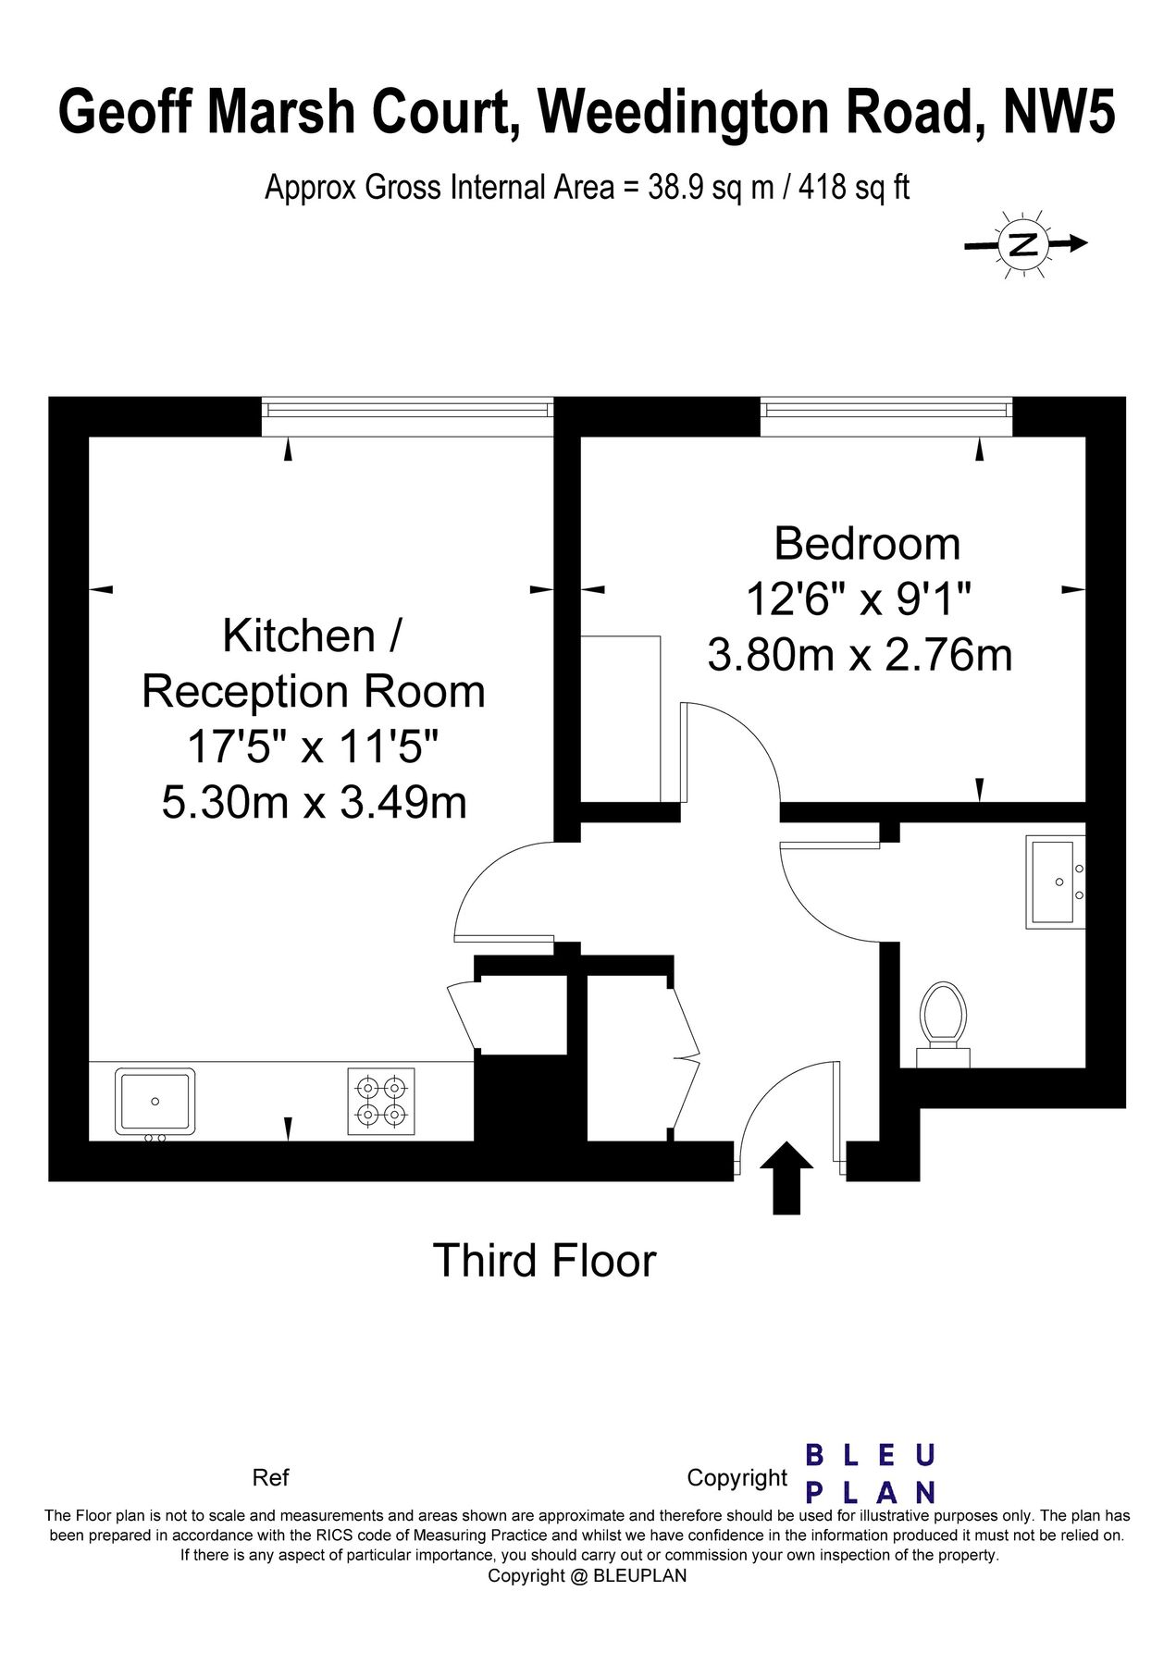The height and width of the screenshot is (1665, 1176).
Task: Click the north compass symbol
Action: coord(1024,244)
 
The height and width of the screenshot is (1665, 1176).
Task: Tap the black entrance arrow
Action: coord(786,1176)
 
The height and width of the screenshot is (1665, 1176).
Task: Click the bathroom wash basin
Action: coord(1055,882)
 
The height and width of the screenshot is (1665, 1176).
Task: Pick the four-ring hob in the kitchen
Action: coord(381,1101)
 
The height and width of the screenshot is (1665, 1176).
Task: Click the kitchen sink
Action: coord(155,1101)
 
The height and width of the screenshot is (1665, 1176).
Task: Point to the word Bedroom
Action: coord(867,544)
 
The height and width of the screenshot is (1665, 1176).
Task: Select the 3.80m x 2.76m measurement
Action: coord(860,656)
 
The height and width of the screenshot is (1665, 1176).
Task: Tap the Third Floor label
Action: coord(544,1261)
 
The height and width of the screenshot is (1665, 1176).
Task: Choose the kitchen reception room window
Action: coord(407,409)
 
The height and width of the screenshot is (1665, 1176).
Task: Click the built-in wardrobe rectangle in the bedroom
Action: coord(620,718)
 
